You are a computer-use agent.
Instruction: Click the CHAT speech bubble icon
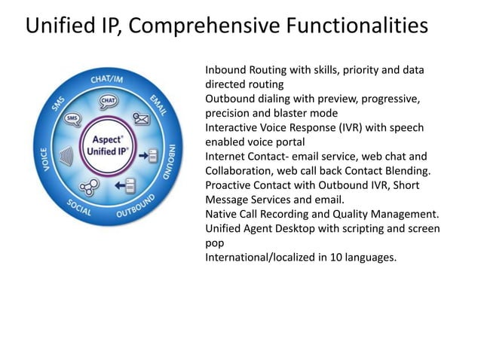(x=109, y=101)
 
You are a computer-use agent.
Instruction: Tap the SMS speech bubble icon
(x=73, y=119)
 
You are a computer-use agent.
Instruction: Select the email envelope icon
(x=141, y=118)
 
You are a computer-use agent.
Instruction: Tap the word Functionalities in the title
(x=358, y=26)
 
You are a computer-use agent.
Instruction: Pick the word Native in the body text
(x=222, y=215)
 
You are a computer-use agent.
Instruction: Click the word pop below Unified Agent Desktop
(x=215, y=243)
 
